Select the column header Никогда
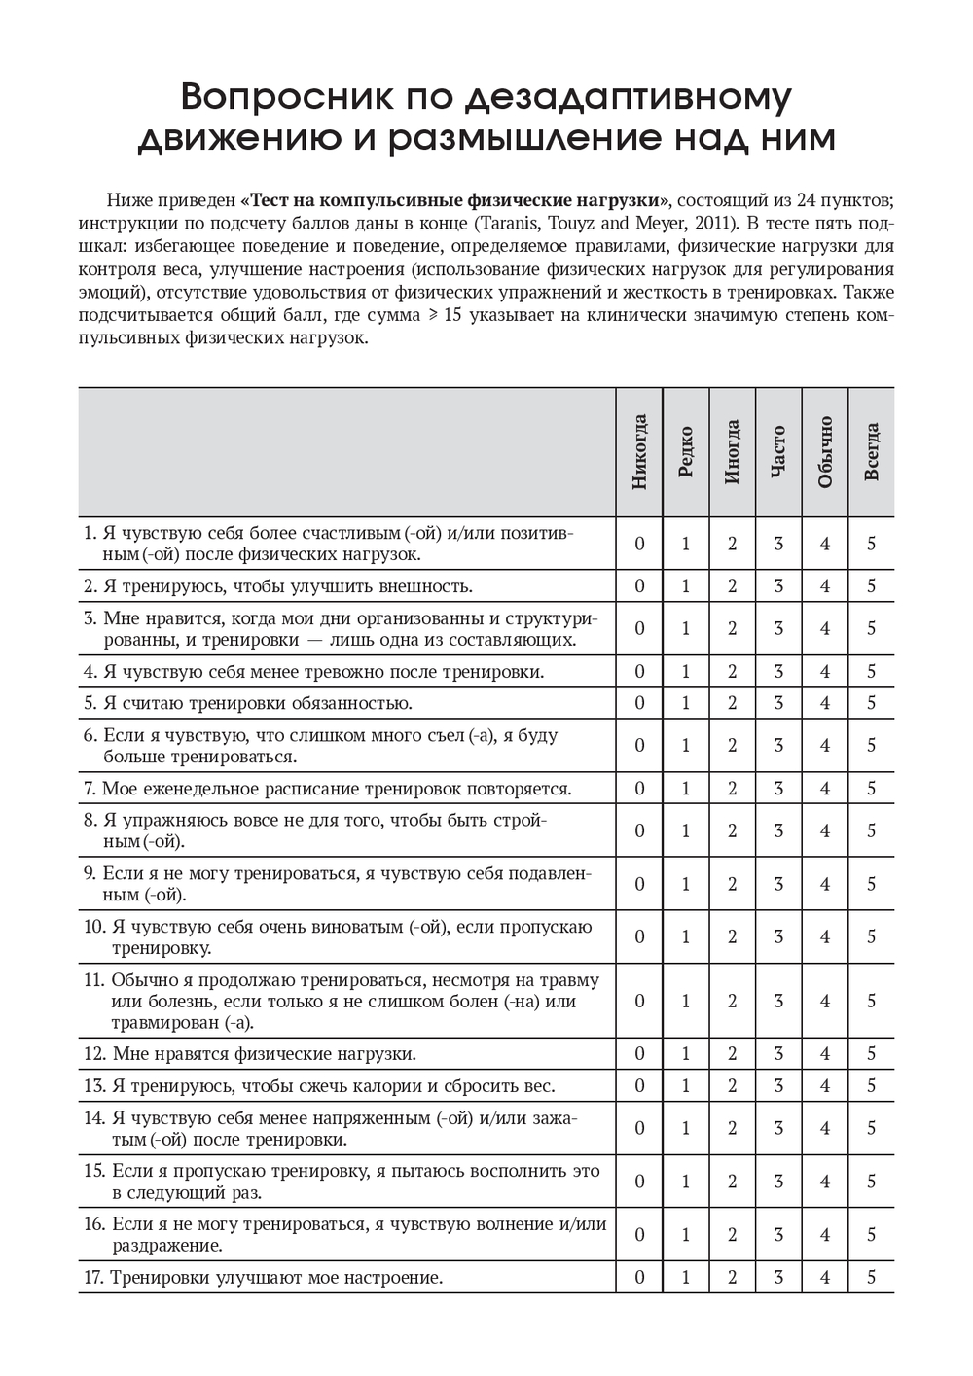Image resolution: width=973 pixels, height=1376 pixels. (x=639, y=452)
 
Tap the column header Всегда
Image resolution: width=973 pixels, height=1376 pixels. (x=872, y=452)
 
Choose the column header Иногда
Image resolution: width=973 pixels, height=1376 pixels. (x=733, y=452)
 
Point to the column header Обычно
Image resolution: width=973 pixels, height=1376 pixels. (x=825, y=452)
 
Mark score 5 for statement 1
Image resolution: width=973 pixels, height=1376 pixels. (x=872, y=544)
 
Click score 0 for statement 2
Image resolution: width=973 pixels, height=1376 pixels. (x=639, y=586)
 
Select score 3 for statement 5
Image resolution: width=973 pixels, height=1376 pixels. (x=778, y=703)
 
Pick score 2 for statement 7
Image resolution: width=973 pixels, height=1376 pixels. (x=733, y=789)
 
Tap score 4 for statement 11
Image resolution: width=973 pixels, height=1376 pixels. (x=825, y=1002)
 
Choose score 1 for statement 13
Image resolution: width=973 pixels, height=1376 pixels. (x=686, y=1086)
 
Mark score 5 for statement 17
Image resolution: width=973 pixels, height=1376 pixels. (x=872, y=1277)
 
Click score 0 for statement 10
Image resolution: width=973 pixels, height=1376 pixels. (x=639, y=937)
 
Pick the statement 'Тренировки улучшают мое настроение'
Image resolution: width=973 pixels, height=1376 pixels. (x=276, y=1277)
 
